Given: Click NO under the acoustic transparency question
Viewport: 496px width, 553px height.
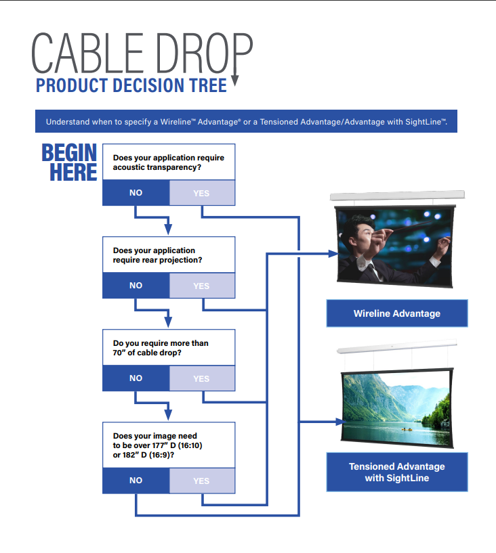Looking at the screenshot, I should click(x=136, y=193).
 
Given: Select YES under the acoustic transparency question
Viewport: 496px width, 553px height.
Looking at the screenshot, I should click(x=201, y=193).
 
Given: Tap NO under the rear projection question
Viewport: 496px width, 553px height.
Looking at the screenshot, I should click(x=136, y=286).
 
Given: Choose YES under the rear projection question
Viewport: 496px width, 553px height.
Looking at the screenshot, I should click(x=201, y=286).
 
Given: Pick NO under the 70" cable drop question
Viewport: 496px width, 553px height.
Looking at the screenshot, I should click(x=136, y=378).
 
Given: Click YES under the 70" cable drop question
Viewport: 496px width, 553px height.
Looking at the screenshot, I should click(x=201, y=378).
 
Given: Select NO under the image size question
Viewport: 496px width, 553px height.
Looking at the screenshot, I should click(x=136, y=481).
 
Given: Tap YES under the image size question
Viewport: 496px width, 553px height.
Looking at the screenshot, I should click(x=201, y=481).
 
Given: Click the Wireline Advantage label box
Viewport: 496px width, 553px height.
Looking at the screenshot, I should click(x=397, y=313).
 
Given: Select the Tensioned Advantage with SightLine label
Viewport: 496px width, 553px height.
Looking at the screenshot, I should click(x=397, y=472).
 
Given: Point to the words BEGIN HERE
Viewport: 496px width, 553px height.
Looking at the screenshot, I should click(x=70, y=162).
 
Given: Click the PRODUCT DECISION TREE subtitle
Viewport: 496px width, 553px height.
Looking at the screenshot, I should click(x=131, y=86).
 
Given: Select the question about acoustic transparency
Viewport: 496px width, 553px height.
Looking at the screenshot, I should click(x=168, y=162).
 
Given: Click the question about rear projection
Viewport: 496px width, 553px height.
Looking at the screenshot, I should click(x=168, y=255).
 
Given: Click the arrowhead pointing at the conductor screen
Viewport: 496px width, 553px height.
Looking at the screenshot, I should click(x=333, y=254).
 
